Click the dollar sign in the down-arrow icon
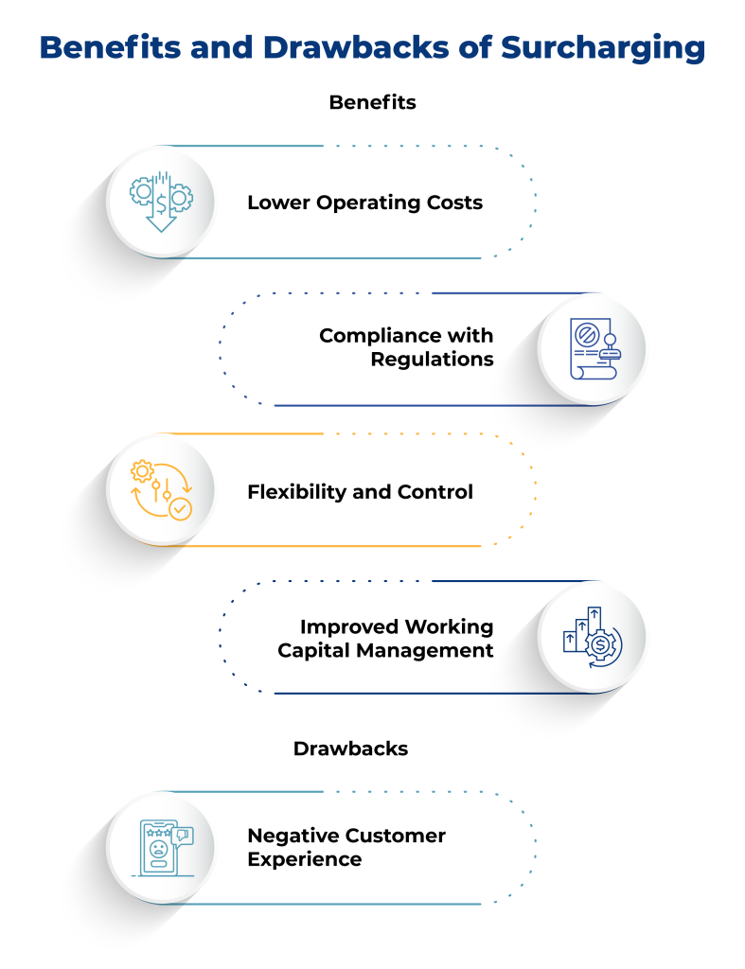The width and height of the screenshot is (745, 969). click(x=162, y=203)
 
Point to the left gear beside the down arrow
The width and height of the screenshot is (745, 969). click(x=141, y=193)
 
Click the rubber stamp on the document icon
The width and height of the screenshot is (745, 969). click(x=610, y=346)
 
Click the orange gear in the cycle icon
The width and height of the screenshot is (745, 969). click(x=143, y=470)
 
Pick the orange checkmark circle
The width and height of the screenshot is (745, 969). click(x=180, y=509)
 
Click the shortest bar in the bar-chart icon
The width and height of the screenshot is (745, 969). click(x=570, y=642)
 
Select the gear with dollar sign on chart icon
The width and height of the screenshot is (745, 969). click(x=602, y=645)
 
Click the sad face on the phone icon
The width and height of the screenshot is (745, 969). click(x=157, y=847)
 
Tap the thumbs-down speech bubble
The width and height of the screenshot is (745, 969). click(x=183, y=835)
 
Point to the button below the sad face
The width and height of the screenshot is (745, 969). click(x=157, y=864)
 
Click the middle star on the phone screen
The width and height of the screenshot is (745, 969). click(x=157, y=832)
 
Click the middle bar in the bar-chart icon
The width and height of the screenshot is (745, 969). click(x=582, y=632)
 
